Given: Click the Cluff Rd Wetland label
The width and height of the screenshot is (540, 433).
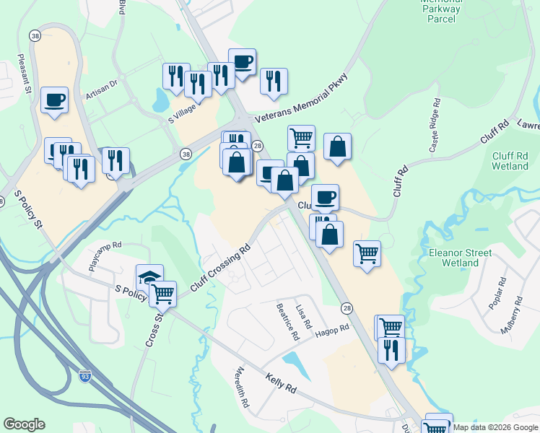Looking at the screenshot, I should pyautogui.click(x=510, y=160).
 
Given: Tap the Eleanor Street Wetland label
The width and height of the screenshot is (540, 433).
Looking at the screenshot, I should pyautogui.click(x=460, y=258).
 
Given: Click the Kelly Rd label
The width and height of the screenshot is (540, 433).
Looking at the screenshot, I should pyautogui.click(x=281, y=383).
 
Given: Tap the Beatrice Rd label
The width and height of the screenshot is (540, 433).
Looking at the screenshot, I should pyautogui.click(x=287, y=321).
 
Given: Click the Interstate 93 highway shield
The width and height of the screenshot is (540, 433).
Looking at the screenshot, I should pyautogui.click(x=85, y=376).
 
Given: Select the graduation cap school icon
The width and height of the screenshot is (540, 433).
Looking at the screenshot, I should pyautogui.click(x=149, y=277).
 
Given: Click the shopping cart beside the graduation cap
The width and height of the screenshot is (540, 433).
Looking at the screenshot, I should pyautogui.click(x=163, y=293).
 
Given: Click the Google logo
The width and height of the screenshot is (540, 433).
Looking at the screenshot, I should pyautogui.click(x=24, y=424).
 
